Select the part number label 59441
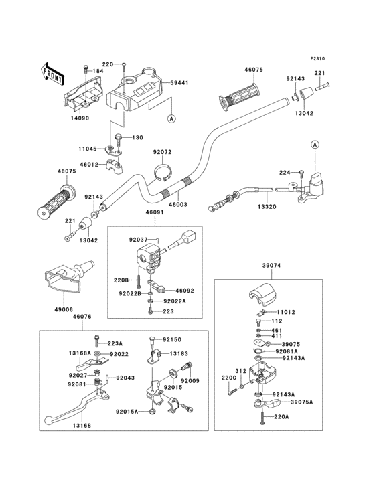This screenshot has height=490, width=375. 179,83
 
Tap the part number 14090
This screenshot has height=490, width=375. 80,118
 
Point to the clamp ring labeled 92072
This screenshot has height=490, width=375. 163,173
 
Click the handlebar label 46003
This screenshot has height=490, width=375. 178,205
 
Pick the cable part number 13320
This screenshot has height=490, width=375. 267,207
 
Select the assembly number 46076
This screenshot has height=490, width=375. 82,317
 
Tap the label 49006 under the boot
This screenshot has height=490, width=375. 64,309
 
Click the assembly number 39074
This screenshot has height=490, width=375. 271,266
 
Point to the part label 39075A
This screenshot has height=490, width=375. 302,402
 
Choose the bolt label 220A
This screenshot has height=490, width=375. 281,416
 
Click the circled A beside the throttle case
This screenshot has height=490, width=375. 315,145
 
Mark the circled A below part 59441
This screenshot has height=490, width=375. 171,118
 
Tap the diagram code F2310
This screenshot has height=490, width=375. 317,58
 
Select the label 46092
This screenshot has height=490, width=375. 185,291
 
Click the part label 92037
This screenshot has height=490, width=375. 139,240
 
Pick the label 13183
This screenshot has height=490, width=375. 179,353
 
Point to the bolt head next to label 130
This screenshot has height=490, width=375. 118,137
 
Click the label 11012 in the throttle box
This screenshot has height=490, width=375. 286,312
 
